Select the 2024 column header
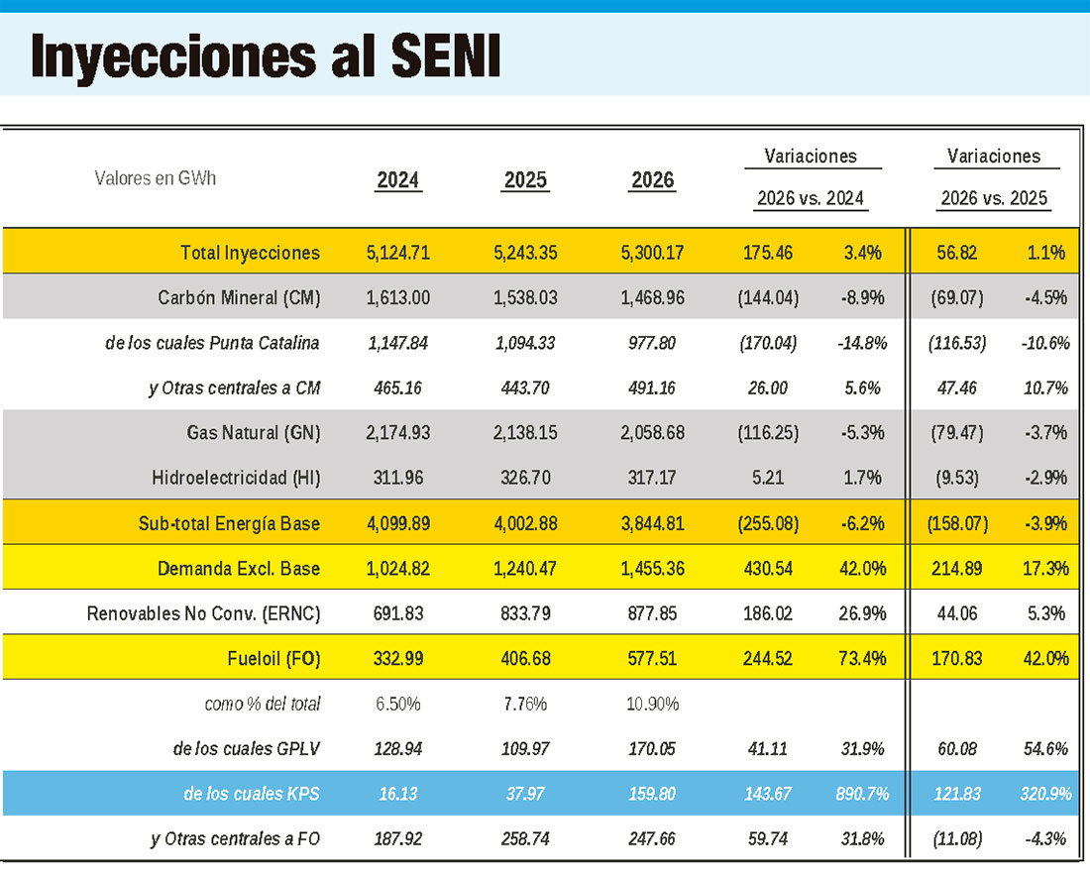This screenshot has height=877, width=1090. pos(398,180)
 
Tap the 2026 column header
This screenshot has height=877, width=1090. pos(652,180)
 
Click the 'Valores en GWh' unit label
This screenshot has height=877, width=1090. pos(156,178)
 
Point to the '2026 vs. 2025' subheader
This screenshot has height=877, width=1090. pos(994,198)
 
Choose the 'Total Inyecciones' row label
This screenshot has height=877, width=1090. pos(250,253)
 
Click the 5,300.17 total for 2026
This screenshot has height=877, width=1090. pos(652,253)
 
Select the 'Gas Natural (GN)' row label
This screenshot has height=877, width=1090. pos(253,432)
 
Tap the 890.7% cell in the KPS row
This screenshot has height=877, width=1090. pos(861,794)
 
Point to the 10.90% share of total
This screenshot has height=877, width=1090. pos(652,704)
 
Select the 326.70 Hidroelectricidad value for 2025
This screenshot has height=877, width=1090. pos(525,478)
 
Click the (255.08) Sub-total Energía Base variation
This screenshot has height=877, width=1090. pos(768,523)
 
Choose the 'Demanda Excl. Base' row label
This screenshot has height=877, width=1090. pos(239,569)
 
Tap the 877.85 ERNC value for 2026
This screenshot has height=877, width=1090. pos(652,613)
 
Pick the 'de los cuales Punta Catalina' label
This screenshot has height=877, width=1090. pos(211,343)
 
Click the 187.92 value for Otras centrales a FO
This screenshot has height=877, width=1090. pos(398,838)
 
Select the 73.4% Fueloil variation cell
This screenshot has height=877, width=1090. pos(861,658)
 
